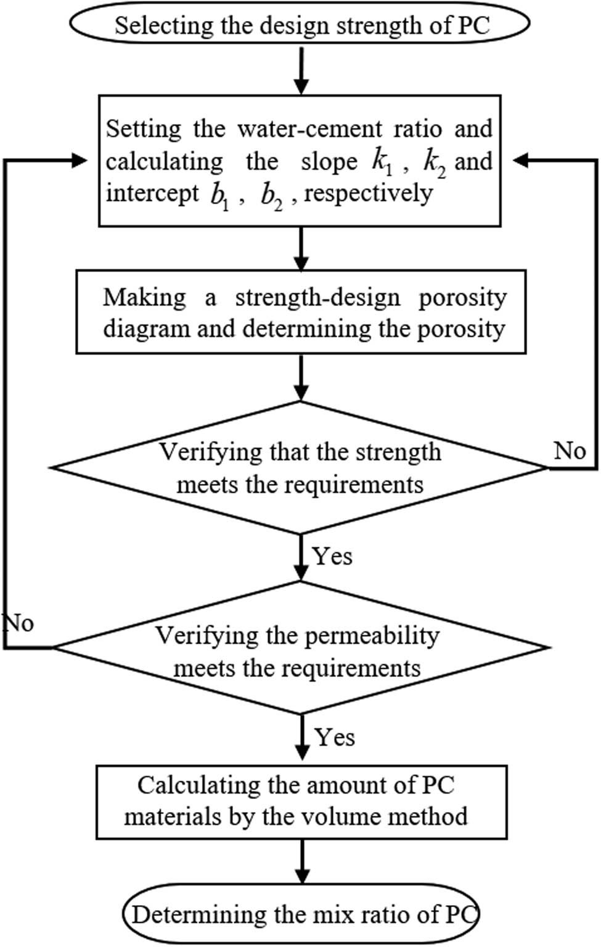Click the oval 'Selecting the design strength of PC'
[x=300, y=25]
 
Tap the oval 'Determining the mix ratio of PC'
[x=301, y=914]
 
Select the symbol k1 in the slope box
[x=382, y=162]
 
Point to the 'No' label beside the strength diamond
[x=568, y=451]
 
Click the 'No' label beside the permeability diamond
[x=18, y=623]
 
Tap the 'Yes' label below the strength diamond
[x=332, y=556]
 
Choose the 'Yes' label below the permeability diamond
[x=335, y=737]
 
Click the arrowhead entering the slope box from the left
[x=81, y=160]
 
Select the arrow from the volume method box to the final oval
[x=301, y=861]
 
